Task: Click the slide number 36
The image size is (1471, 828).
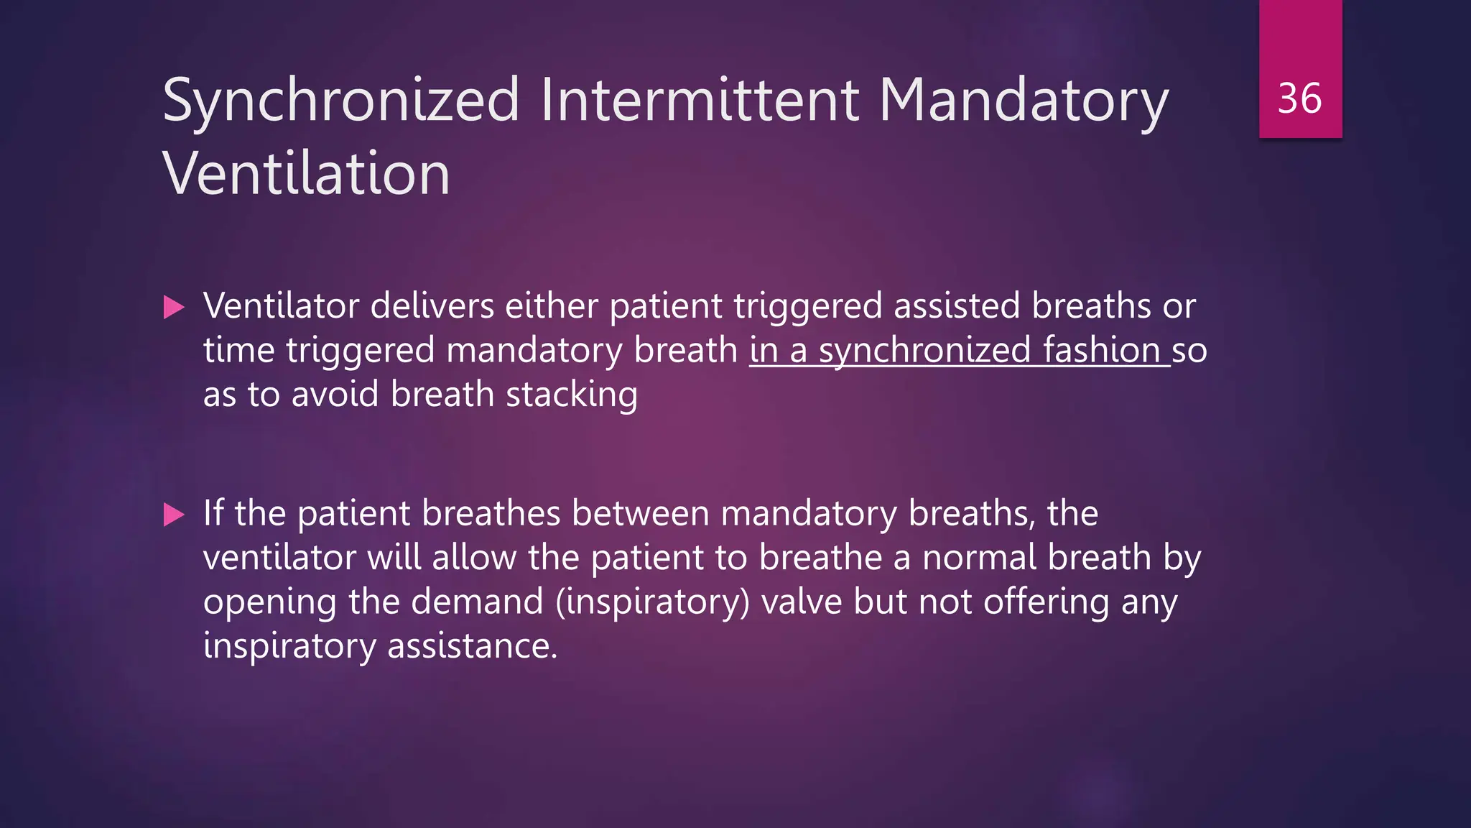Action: coord(1299,98)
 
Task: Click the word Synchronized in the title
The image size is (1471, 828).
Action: coord(341,101)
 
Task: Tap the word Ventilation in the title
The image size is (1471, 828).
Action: coord(307,174)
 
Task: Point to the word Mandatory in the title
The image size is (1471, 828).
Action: coord(1024,101)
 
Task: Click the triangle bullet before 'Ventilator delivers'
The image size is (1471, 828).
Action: coord(174,308)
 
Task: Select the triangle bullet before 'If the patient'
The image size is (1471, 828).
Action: coord(174,515)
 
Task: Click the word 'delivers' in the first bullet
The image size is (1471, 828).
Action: coord(432,306)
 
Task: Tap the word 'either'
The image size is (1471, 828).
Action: coord(551,306)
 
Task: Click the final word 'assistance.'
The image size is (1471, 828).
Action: coord(472,646)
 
